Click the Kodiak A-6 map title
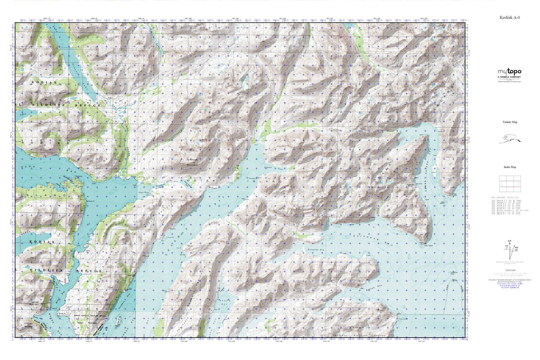coord(509,17)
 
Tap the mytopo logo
coord(509,72)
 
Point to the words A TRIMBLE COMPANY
coord(509,77)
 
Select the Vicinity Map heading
coord(510,122)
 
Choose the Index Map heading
coord(510,167)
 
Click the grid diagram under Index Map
coord(509,183)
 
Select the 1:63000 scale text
coord(509,270)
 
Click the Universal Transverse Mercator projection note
coord(509,279)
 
